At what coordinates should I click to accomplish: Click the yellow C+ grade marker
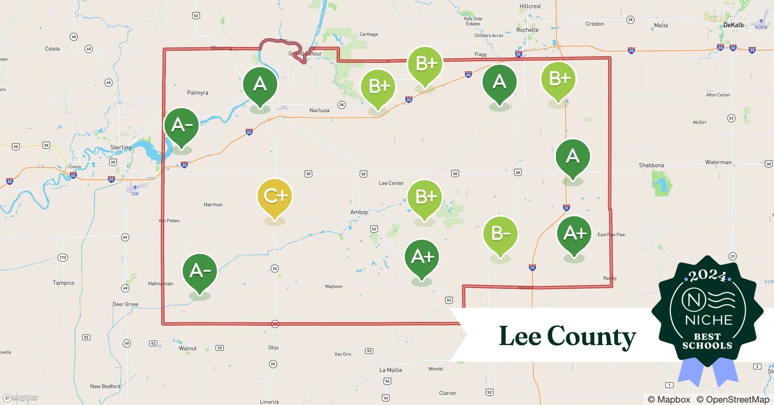coord(275,196)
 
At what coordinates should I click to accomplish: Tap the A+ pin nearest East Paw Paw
coord(574,233)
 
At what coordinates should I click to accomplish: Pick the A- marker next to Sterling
coord(181,126)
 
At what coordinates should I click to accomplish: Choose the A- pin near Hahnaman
coord(200,271)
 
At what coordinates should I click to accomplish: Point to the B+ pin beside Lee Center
coord(424,197)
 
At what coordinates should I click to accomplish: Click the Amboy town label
coord(359,212)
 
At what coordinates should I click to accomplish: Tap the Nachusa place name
coord(319,110)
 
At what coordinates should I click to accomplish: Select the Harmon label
coord(213,205)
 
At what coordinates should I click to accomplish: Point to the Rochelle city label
coord(527,30)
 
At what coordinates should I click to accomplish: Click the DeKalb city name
coord(733,25)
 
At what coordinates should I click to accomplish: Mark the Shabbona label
coord(651,165)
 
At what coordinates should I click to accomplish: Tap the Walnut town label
coord(188,348)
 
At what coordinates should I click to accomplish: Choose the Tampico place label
coord(64,283)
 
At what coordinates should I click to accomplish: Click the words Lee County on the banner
coord(567,336)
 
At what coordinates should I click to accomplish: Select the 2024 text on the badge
coord(708,276)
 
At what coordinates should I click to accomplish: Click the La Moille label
coord(391,370)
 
